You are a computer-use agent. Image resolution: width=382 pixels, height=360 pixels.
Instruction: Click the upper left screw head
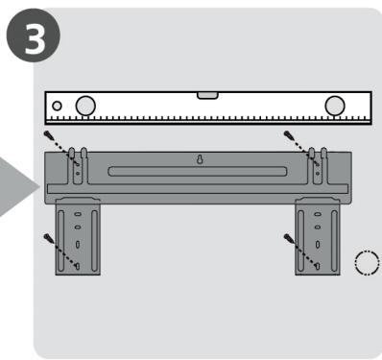(48, 137)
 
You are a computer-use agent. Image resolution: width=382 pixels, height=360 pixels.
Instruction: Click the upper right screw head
(287, 137)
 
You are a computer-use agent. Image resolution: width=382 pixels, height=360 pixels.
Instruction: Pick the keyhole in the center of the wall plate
(200, 161)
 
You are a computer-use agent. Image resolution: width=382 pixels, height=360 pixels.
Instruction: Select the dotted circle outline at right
(365, 261)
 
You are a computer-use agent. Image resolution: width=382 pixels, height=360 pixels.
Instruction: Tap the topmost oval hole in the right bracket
(317, 213)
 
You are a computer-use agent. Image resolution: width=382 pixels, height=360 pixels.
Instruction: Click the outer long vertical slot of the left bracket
(63, 240)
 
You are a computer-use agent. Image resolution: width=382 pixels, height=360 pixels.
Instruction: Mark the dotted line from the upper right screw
(302, 150)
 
